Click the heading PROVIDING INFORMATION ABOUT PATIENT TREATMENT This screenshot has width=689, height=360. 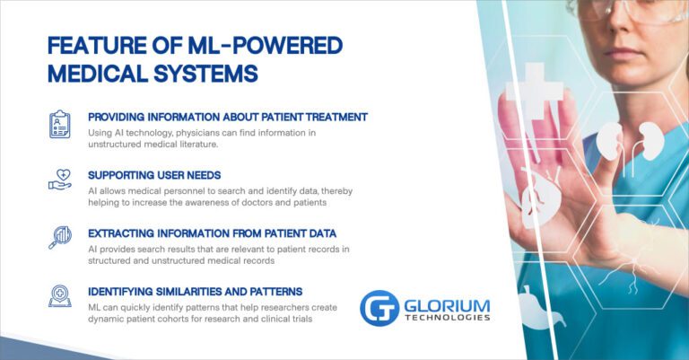[x=227, y=117]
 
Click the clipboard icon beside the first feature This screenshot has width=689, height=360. [x=59, y=124]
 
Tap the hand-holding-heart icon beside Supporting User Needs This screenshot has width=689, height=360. [x=59, y=180]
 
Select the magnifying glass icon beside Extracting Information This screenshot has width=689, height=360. [x=59, y=237]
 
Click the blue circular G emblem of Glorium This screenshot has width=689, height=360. [x=379, y=307]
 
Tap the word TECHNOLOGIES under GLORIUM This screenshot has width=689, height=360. [x=446, y=317]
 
